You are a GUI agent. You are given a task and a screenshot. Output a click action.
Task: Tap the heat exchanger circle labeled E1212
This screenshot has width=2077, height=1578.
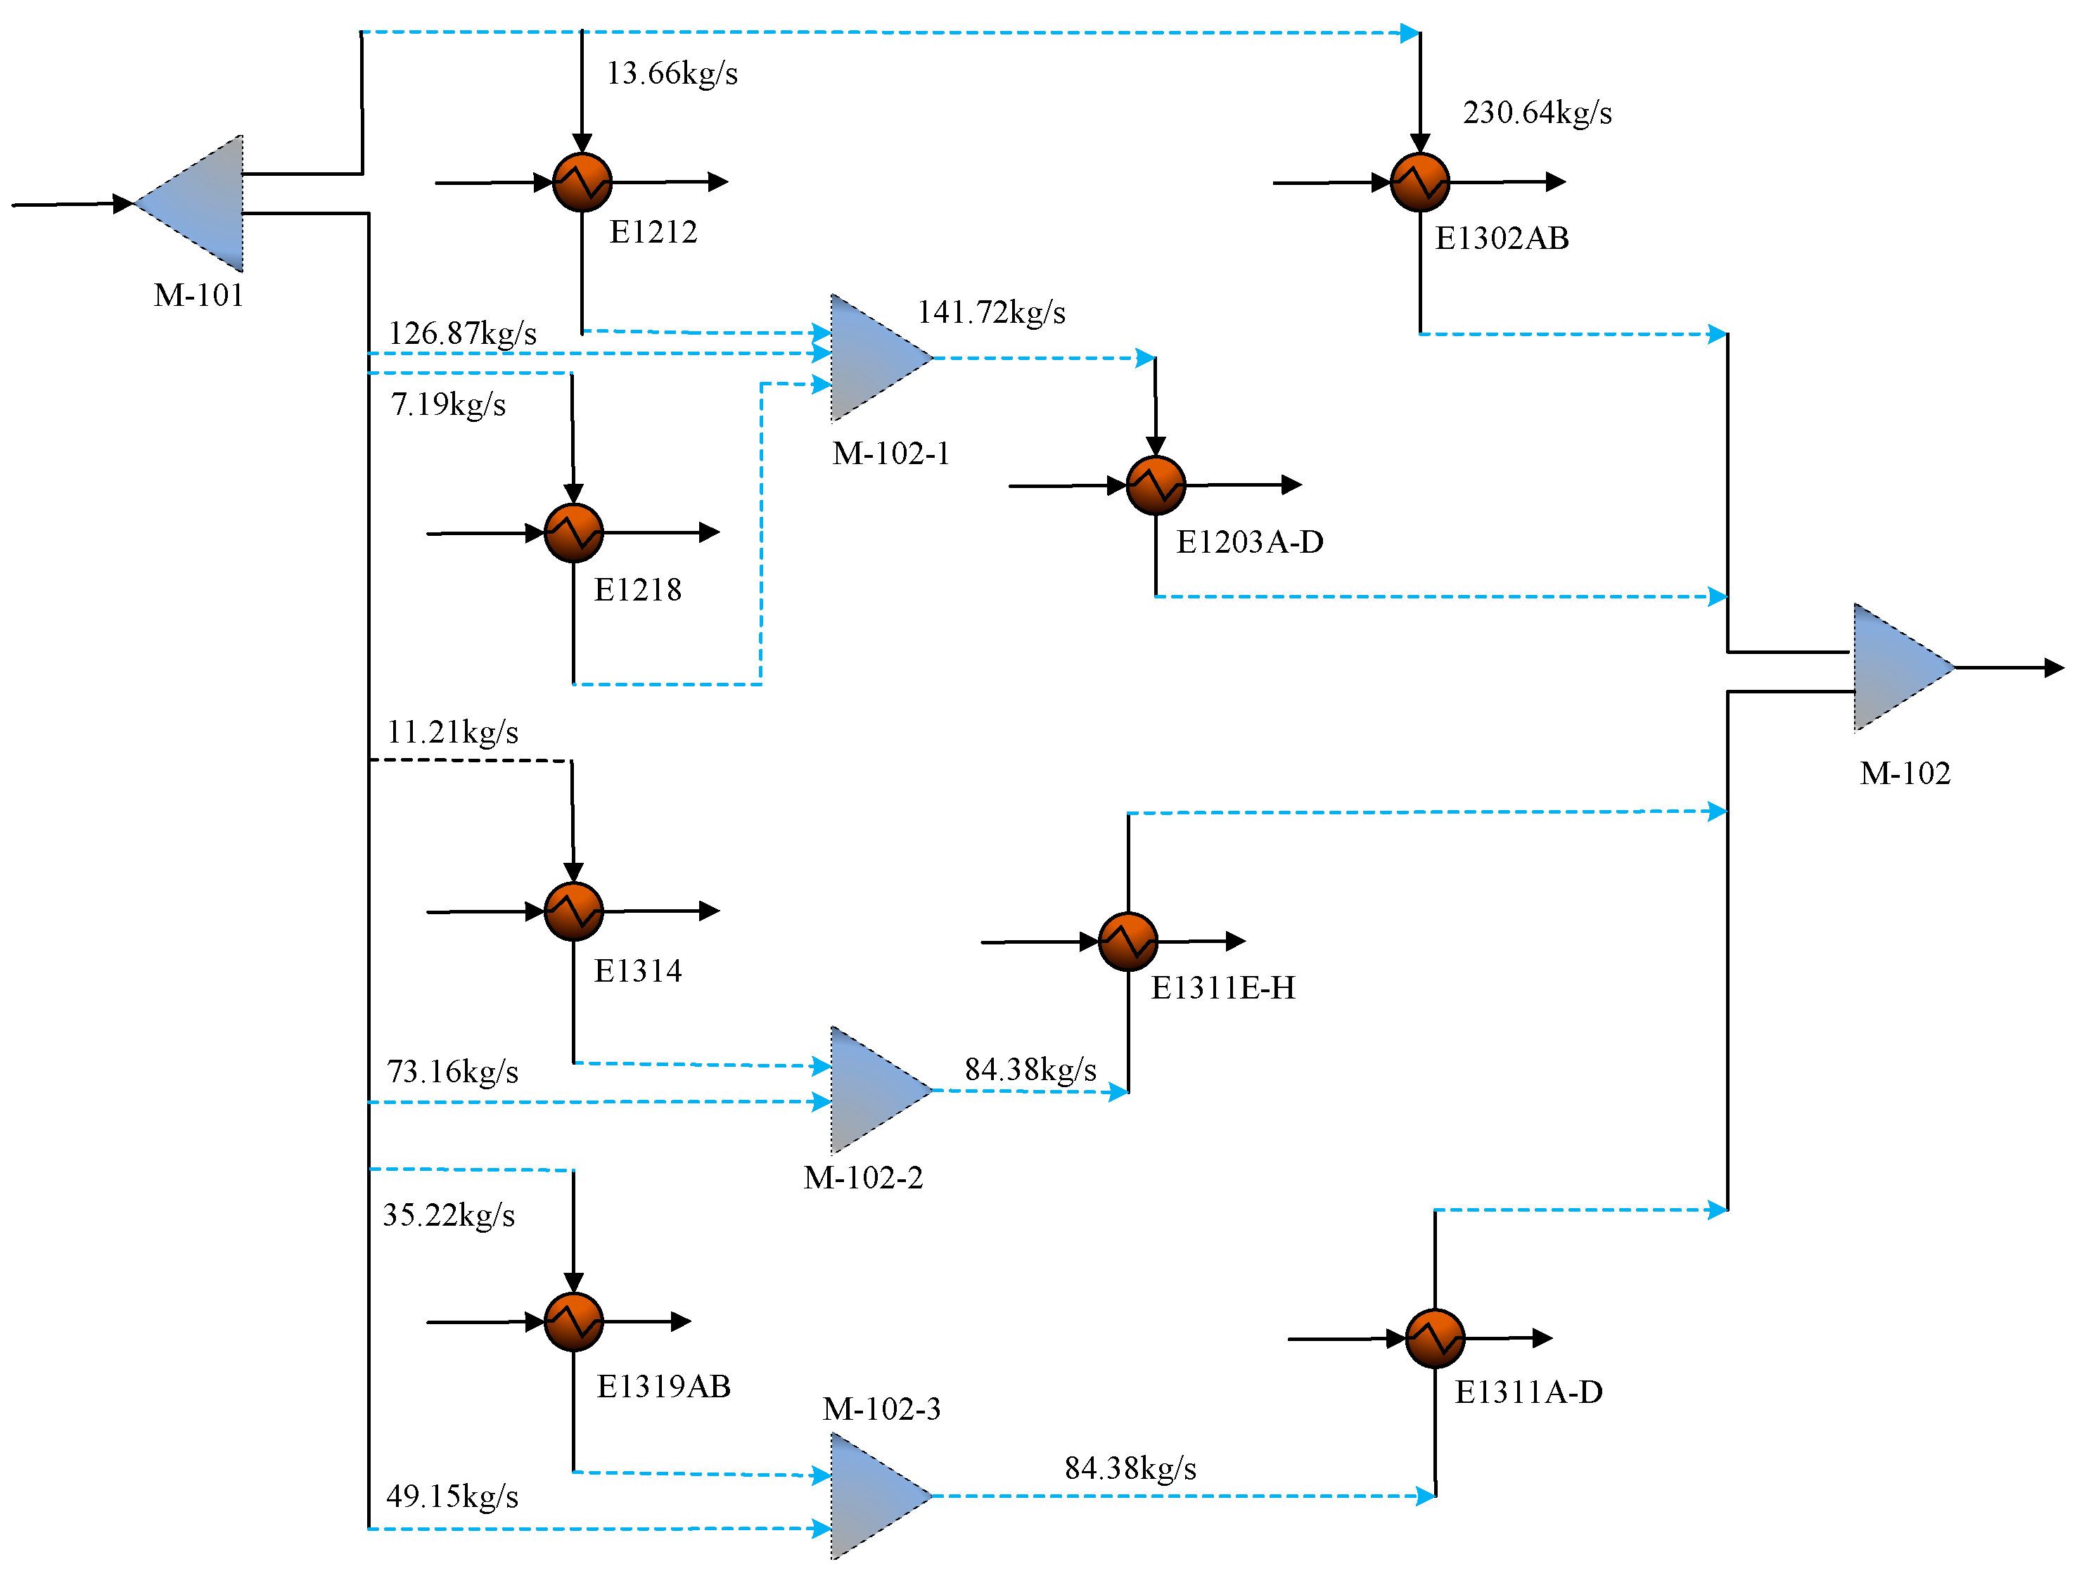(582, 182)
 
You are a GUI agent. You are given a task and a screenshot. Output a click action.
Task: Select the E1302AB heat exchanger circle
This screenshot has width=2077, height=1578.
(1419, 182)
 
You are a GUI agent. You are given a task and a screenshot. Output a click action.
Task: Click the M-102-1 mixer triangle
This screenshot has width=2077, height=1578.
(869, 358)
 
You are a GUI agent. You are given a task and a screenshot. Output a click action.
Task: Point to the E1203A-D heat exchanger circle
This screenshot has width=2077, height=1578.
(1156, 486)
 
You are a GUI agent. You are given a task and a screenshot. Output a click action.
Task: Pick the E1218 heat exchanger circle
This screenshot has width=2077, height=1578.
(573, 532)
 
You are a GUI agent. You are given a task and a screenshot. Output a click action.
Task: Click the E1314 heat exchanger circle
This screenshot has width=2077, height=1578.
(573, 911)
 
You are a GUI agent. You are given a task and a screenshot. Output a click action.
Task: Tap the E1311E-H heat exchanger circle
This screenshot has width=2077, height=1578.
(1127, 941)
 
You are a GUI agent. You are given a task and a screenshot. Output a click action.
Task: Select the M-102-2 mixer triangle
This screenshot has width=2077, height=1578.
(869, 1089)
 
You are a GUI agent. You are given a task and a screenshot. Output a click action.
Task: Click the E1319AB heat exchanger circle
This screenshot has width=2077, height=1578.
(573, 1321)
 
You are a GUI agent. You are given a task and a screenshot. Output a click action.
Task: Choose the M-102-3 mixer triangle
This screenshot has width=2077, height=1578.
(869, 1495)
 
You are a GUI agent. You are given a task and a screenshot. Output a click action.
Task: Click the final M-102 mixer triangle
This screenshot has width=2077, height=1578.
(1893, 668)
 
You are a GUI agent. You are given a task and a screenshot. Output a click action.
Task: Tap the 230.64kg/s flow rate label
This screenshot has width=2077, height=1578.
(1537, 113)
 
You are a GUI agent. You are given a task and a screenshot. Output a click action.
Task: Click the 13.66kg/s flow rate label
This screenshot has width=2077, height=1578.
(672, 73)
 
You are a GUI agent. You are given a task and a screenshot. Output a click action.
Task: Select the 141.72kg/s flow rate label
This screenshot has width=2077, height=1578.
(991, 312)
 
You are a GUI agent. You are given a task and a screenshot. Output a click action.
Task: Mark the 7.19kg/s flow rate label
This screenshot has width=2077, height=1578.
(448, 405)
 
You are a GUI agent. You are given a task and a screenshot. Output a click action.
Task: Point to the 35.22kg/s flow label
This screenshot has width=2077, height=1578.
(448, 1215)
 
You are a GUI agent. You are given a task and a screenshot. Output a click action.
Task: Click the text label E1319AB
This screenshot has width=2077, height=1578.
(663, 1387)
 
